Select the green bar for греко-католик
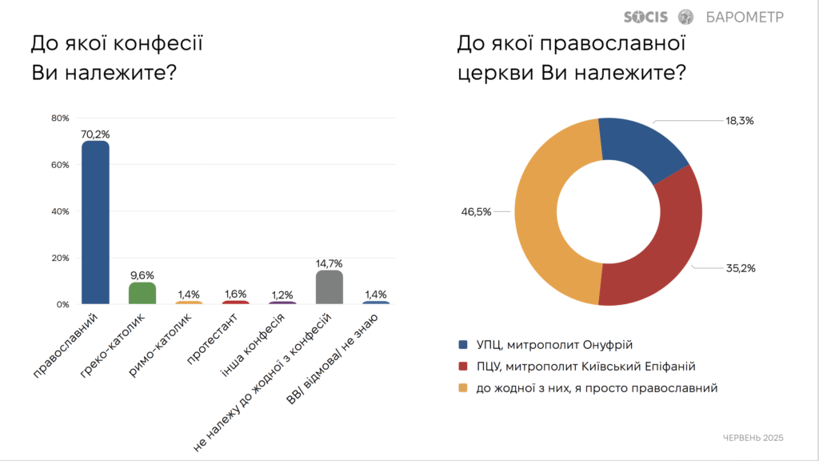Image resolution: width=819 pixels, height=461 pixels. pos(142,293)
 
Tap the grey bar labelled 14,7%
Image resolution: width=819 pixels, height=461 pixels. pos(330,287)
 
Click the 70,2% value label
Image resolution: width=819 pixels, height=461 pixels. pos(95,134)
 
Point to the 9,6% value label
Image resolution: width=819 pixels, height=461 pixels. pos(142,275)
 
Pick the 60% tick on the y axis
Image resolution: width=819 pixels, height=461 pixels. pos(61,165)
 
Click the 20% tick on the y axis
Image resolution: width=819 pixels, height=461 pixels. pos(61,259)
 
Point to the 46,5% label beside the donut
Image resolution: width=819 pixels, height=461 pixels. pos(476,211)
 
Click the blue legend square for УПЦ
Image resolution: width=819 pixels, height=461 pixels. pos(463,345)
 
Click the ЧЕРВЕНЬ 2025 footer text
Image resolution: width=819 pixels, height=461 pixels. pos(753,438)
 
